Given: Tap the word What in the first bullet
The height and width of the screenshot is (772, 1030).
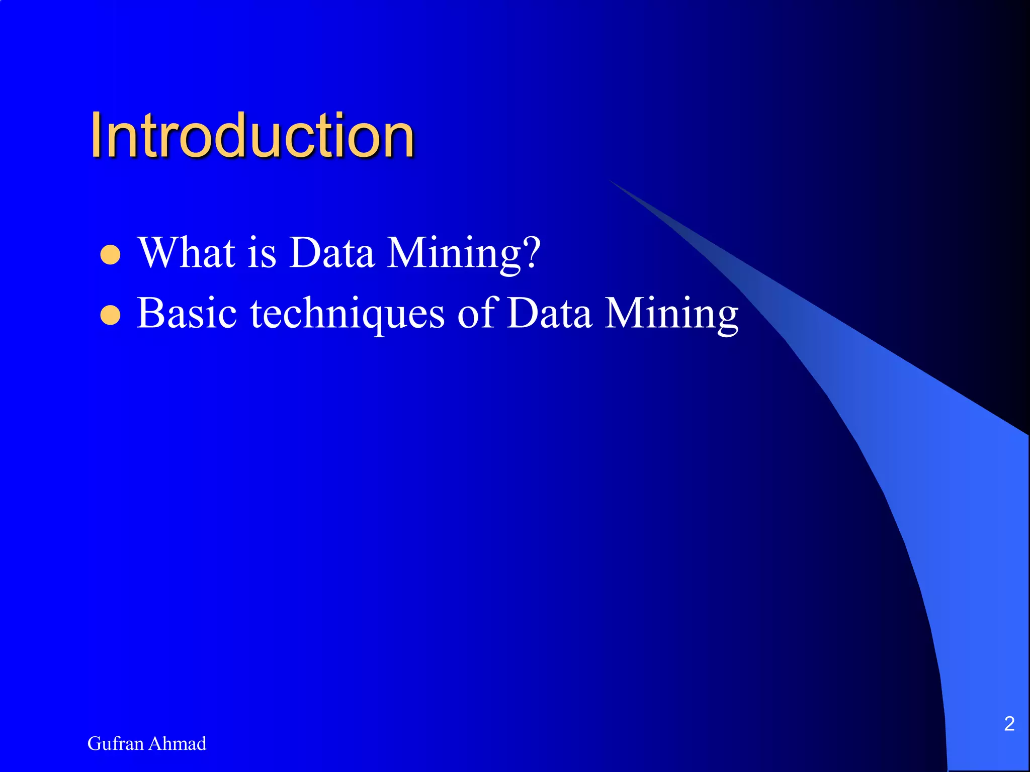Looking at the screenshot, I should pos(187,252).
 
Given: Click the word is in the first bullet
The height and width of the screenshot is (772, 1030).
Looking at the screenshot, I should pos(262,252).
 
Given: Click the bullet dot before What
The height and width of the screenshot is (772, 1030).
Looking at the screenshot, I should pos(111,254).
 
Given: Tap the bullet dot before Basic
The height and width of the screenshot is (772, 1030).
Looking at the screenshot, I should pos(111,316).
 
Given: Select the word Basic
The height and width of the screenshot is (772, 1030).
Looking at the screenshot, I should pos(187,313).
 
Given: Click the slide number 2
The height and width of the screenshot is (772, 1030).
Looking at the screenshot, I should pos(1009,724).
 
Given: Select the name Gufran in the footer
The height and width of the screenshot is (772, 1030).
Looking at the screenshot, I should pos(115,743).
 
